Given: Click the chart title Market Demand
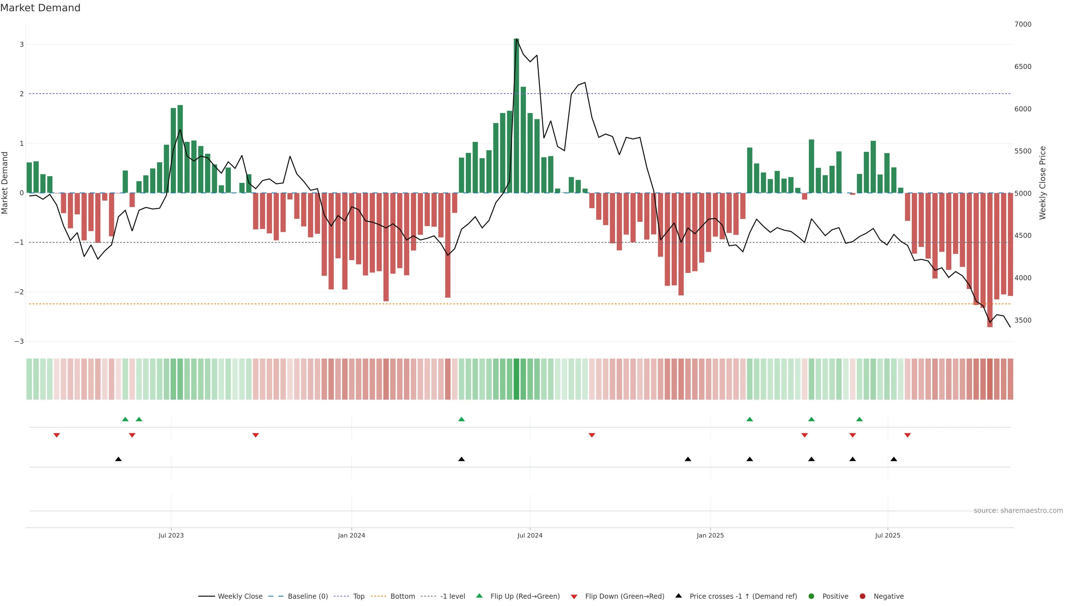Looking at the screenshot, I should pos(40,8).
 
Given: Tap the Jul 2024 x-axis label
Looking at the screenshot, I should pos(530,535).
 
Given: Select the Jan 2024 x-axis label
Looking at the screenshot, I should pos(351,535).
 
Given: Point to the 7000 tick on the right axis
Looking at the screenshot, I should pos(1023,24).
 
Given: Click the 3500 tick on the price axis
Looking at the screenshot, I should pos(1023,320).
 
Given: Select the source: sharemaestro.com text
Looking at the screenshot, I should pos(1018,511).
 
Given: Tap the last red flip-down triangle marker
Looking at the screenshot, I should pos(907,435).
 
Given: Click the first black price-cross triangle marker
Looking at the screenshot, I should pos(118,459).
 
